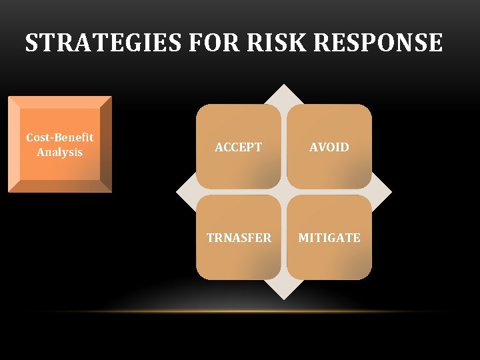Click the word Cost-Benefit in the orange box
click(60, 137)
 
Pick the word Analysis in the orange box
click(60, 152)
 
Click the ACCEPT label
click(239, 147)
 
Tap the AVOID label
click(329, 147)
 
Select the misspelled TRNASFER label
click(239, 238)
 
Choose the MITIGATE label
click(329, 238)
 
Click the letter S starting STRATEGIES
click(31, 43)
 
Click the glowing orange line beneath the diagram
click(267, 311)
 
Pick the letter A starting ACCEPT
click(219, 147)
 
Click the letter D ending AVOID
click(345, 147)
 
